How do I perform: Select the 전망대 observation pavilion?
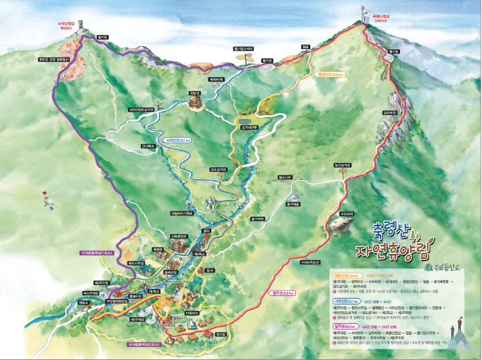pos(194,103)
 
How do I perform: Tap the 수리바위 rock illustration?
pos(341,224)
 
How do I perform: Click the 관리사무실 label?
pos(135,263)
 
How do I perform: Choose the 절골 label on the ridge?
pos(306,47)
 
